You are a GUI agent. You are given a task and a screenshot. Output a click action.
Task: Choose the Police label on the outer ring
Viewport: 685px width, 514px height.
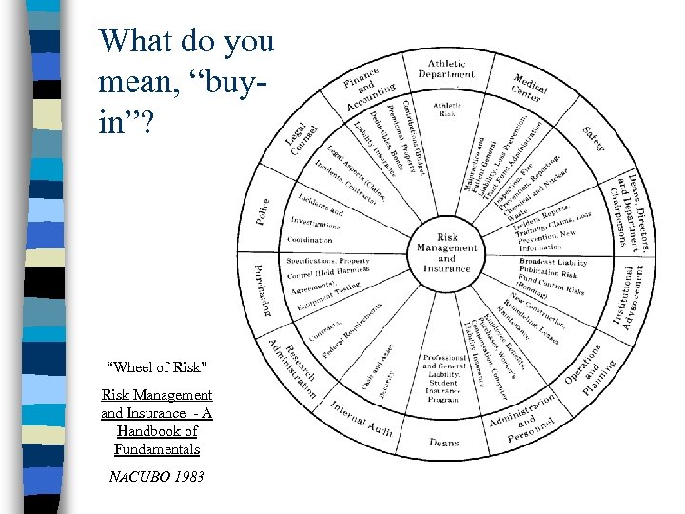[263, 211]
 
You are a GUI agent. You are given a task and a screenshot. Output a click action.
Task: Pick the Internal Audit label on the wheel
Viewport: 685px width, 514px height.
[362, 418]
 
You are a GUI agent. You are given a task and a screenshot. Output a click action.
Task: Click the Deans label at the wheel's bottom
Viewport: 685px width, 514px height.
[443, 443]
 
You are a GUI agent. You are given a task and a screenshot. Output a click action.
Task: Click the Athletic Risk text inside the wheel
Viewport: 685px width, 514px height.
[446, 109]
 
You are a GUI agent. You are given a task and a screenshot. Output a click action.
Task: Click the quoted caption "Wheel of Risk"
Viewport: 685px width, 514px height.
[156, 367]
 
